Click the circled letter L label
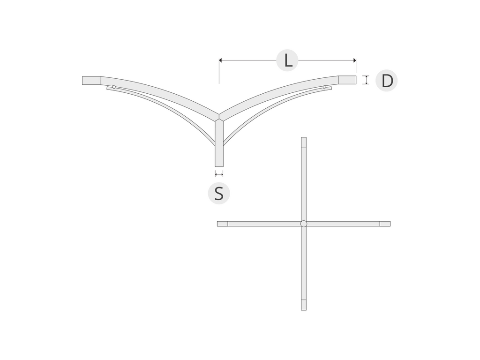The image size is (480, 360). pyautogui.click(x=287, y=60)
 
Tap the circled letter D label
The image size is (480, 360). pyautogui.click(x=387, y=81)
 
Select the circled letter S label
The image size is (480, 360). pyautogui.click(x=219, y=193)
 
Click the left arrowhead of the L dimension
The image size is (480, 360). pyautogui.click(x=220, y=60)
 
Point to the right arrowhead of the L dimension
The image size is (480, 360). pyautogui.click(x=355, y=60)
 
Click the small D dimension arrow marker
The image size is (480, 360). pyautogui.click(x=366, y=80)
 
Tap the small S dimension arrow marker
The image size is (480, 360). pyautogui.click(x=219, y=174)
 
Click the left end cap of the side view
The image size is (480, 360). pyautogui.click(x=91, y=81)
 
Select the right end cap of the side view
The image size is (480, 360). pyautogui.click(x=347, y=80)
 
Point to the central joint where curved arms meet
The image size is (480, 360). pyautogui.click(x=219, y=117)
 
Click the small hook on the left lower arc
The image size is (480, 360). pyautogui.click(x=114, y=87)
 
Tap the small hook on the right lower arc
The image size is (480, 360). pyautogui.click(x=324, y=87)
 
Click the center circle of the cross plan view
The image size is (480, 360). pyautogui.click(x=304, y=224)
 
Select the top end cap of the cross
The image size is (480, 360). pyautogui.click(x=304, y=142)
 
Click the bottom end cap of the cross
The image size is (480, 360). pyautogui.click(x=304, y=305)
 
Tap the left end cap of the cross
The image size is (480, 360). pyautogui.click(x=223, y=224)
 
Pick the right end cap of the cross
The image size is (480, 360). pyautogui.click(x=385, y=224)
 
